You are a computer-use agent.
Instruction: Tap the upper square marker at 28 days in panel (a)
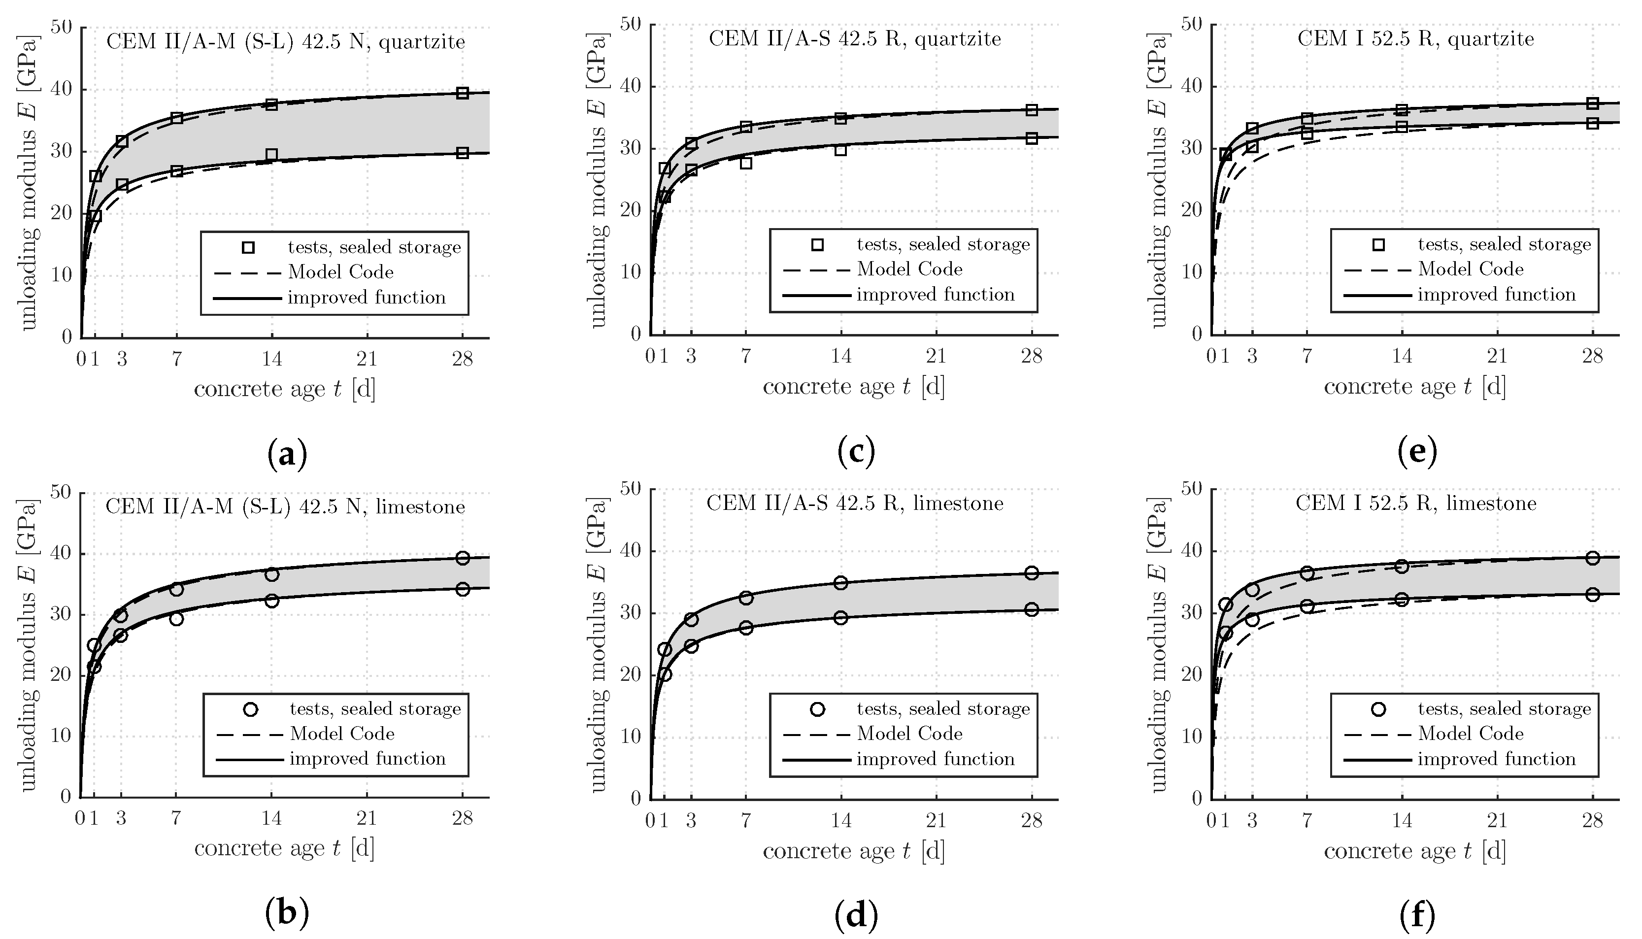click(462, 93)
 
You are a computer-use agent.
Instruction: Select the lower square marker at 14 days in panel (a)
click(271, 155)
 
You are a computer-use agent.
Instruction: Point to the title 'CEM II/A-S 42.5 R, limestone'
click(855, 503)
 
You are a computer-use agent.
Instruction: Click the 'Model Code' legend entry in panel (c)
click(909, 269)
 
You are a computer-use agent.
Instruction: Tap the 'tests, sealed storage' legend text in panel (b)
click(375, 709)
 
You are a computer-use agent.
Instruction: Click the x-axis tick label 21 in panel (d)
click(936, 820)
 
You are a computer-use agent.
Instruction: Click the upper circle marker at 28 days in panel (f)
click(1592, 558)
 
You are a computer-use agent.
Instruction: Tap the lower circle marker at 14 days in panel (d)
click(840, 617)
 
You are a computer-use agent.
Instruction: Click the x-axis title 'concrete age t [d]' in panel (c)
click(853, 387)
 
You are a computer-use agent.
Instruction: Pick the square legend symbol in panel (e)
click(1379, 244)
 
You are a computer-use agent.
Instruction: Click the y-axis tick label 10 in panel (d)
click(632, 737)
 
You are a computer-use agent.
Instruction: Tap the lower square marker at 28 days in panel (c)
click(1031, 138)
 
